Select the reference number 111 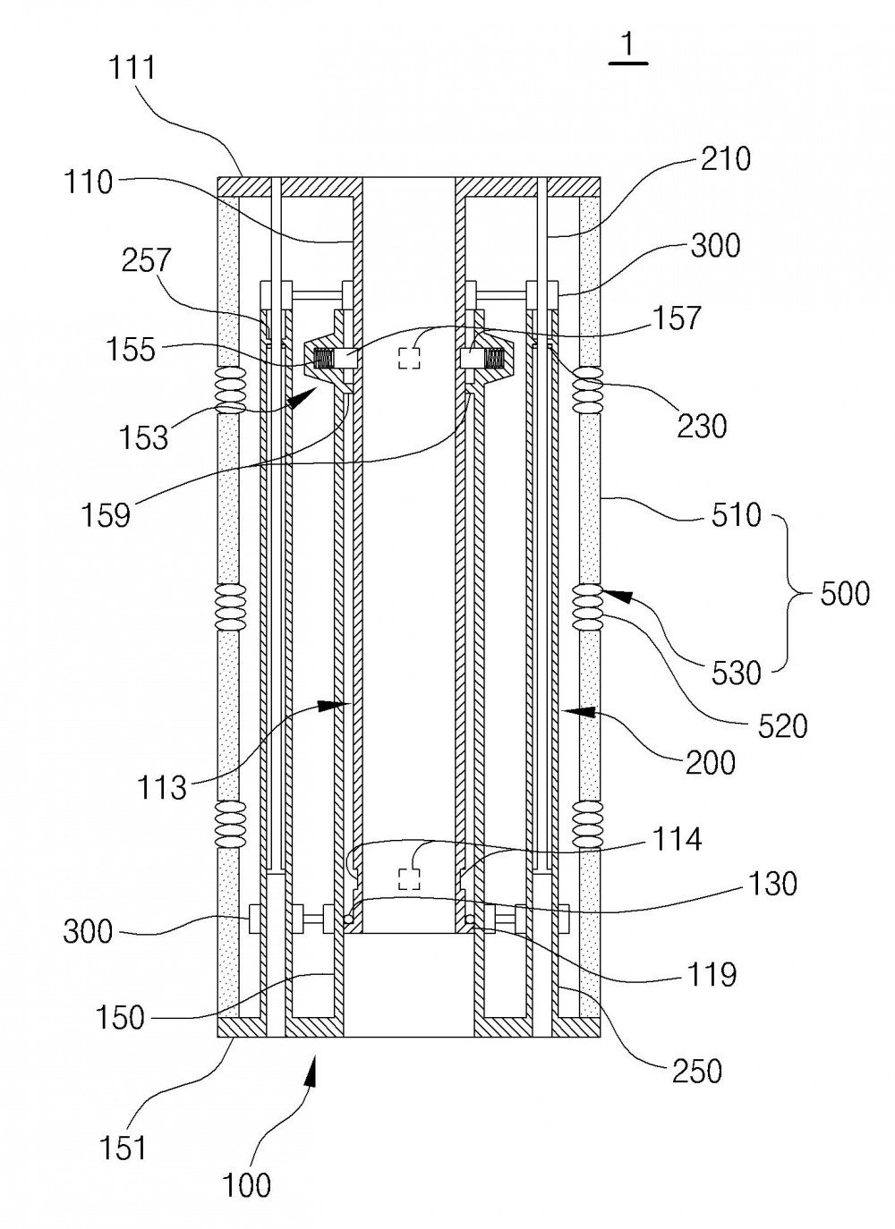tap(132, 69)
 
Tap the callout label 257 tap(147, 260)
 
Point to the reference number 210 tap(726, 158)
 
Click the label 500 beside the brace tap(845, 593)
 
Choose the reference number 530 tap(737, 672)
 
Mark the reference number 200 tap(711, 763)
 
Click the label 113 tap(161, 787)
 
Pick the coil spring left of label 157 tap(323, 360)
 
